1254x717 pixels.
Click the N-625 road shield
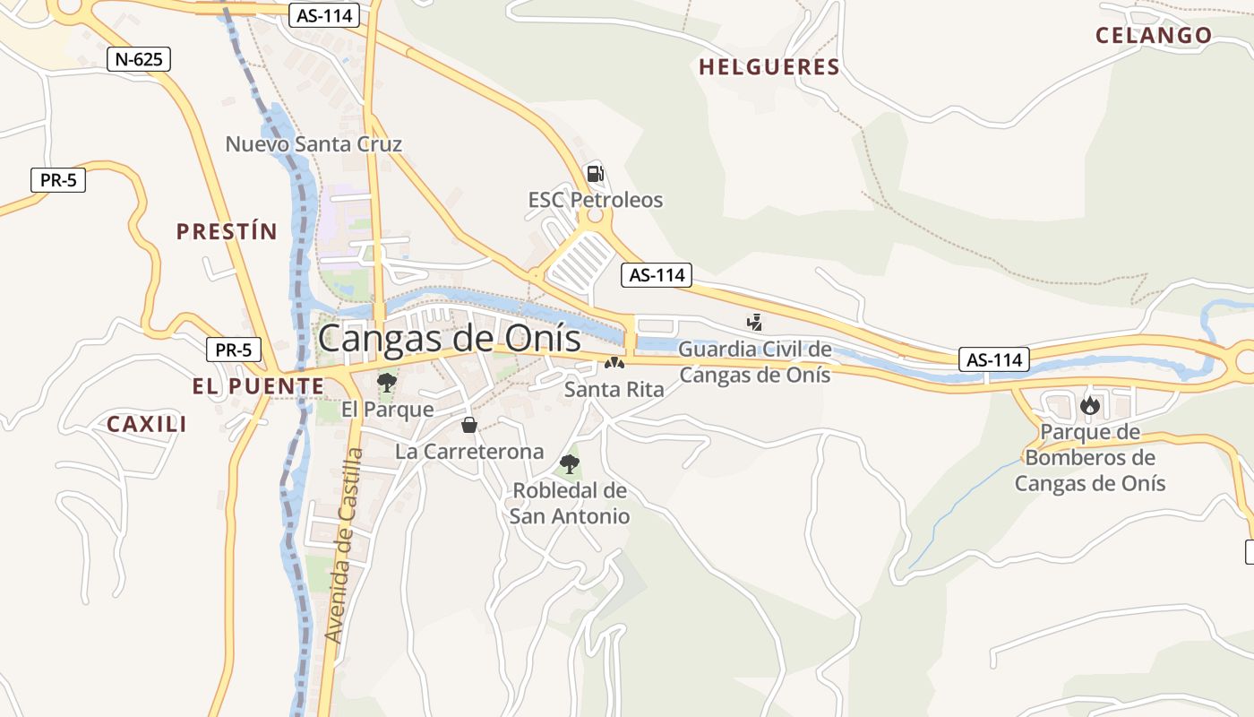click(138, 60)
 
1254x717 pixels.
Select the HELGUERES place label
click(769, 67)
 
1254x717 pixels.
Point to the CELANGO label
click(1154, 36)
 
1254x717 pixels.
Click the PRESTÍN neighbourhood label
click(227, 232)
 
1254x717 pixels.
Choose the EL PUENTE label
click(258, 386)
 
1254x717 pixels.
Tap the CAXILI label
click(147, 424)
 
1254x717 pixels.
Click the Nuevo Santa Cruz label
click(313, 144)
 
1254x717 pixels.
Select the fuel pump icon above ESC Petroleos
click(595, 173)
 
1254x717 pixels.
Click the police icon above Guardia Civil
click(755, 322)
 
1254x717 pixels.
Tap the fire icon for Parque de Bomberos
click(1089, 406)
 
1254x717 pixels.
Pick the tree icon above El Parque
click(387, 383)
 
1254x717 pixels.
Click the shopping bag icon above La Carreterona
click(468, 425)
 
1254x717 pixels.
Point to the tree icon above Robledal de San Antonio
click(569, 463)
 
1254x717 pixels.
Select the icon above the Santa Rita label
click(614, 363)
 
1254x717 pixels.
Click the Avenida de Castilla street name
click(345, 545)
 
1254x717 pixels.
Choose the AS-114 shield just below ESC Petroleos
click(657, 275)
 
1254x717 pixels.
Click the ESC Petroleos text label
click(595, 200)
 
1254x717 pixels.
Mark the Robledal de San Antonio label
click(570, 504)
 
